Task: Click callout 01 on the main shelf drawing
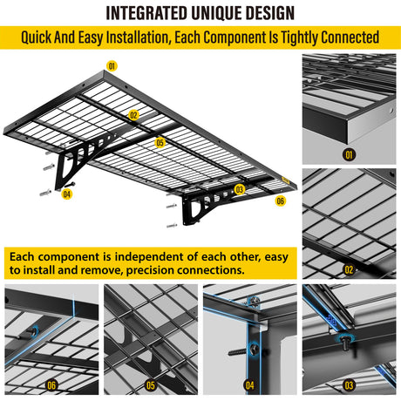tap(112, 66)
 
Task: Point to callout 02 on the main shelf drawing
tap(133, 115)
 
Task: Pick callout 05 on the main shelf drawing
tap(160, 143)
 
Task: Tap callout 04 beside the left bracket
tap(67, 194)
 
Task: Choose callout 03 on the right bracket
tap(240, 189)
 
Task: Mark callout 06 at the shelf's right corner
tap(281, 200)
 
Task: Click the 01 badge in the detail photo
tap(349, 154)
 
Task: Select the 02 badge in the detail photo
tap(349, 269)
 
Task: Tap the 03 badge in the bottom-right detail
tap(349, 385)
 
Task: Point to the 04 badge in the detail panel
tap(250, 385)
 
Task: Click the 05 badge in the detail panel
tap(151, 385)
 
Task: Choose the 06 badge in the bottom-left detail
tap(51, 385)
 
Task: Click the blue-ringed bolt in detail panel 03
tap(344, 342)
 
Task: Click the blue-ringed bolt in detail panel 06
tap(32, 332)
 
